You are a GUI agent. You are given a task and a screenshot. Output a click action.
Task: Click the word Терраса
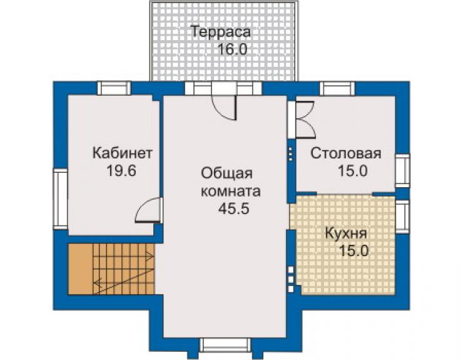pos(221,32)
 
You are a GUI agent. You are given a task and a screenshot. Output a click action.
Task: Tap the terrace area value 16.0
pos(232,49)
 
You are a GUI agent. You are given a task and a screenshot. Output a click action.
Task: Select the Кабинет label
pos(123,153)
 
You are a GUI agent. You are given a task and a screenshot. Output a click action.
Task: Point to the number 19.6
pos(121,170)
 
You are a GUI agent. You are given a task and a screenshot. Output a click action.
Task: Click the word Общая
pos(226,174)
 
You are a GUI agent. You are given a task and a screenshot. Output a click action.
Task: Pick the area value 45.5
pos(234,208)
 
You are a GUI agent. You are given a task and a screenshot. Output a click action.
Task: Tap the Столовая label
pos(345,153)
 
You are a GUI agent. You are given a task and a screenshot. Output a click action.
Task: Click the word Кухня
pos(346,234)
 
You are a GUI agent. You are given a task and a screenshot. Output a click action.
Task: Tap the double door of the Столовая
pos(305,120)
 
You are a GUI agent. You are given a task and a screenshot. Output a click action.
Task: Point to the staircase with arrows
pos(124,269)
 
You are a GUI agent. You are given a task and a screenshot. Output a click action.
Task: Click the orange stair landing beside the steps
pos(80,269)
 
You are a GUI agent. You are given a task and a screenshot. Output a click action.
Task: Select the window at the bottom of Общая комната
pos(225,345)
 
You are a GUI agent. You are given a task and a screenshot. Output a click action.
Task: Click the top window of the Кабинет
pos(114,88)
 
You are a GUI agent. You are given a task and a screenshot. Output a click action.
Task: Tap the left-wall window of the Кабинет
pos(60,199)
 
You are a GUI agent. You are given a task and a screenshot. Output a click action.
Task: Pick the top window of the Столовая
pos(337,88)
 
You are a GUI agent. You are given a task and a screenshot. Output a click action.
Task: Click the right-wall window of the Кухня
pos(402,217)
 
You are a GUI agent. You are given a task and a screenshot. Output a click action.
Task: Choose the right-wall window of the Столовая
pos(402,170)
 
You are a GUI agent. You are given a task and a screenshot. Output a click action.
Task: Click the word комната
pos(231,192)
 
